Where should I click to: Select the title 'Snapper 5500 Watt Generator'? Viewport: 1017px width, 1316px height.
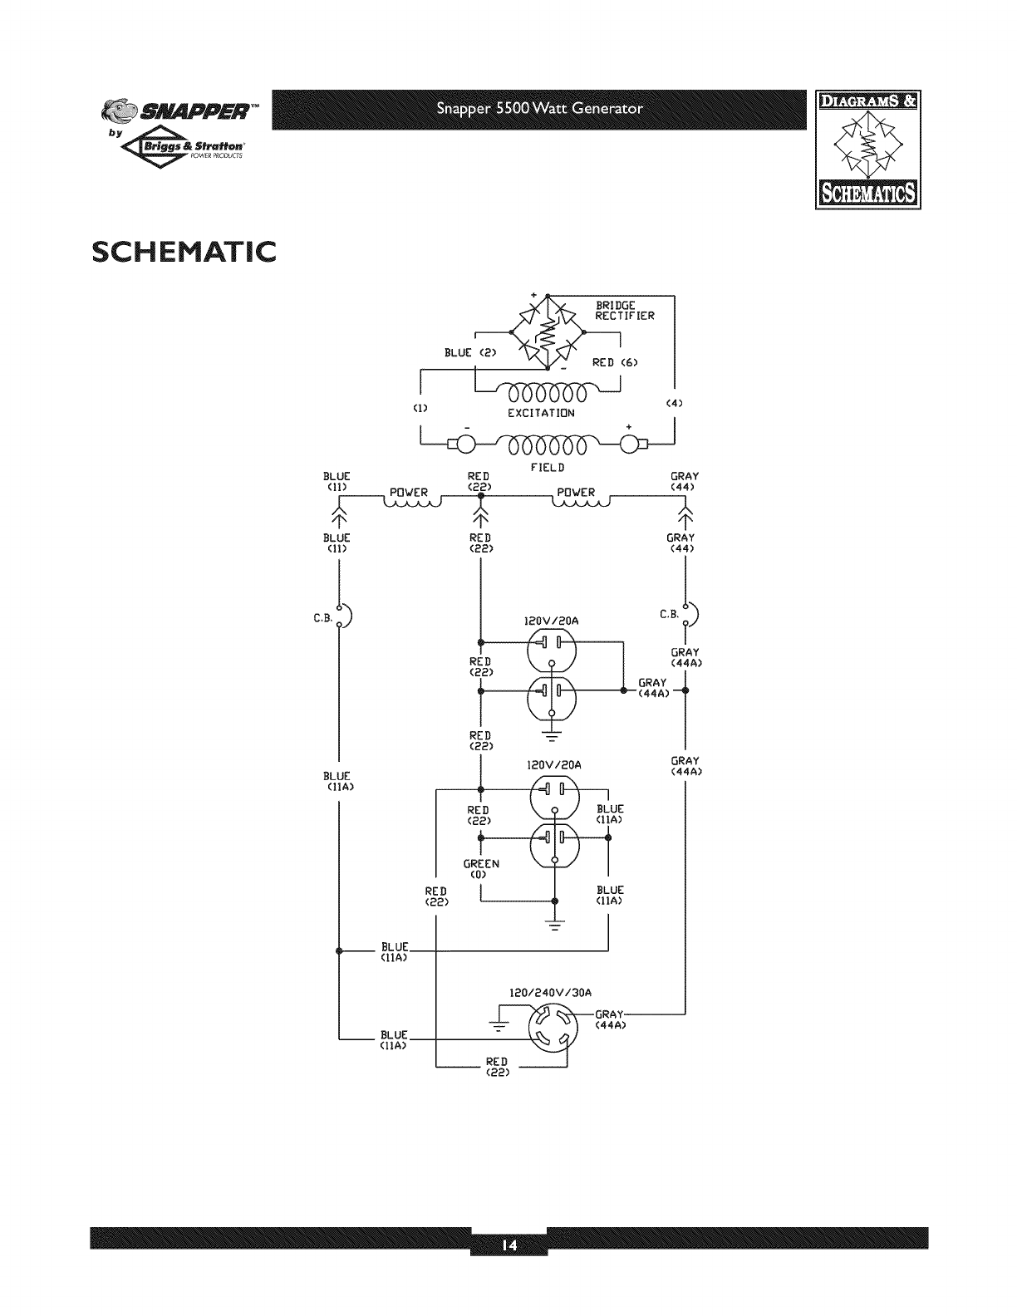542,109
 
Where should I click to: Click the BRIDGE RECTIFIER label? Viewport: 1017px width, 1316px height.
625,311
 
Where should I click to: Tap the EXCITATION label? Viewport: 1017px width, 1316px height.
541,413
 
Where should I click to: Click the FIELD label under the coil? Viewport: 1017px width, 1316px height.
541,468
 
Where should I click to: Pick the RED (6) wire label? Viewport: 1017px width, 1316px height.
615,362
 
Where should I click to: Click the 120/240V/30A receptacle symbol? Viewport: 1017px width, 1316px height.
552,1026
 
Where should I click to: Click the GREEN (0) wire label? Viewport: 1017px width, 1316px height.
481,869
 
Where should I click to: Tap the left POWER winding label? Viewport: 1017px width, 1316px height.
410,493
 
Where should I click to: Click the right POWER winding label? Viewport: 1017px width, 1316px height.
577,493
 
